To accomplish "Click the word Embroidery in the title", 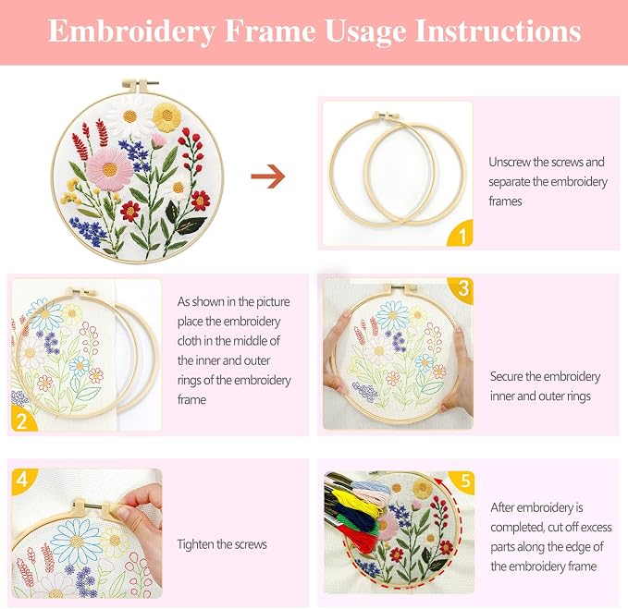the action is pyautogui.click(x=131, y=31).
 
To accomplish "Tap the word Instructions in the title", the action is pyautogui.click(x=499, y=30).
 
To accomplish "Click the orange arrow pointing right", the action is pyautogui.click(x=268, y=177).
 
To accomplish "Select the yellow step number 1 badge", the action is pyautogui.click(x=461, y=233).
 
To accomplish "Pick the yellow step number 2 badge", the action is pyautogui.click(x=23, y=419).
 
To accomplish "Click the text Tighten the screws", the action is pyautogui.click(x=222, y=544).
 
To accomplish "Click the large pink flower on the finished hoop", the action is pyautogui.click(x=109, y=169).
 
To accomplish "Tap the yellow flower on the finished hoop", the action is pyautogui.click(x=166, y=116).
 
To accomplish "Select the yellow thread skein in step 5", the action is pyautogui.click(x=358, y=499).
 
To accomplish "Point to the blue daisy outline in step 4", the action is pyautogui.click(x=76, y=542).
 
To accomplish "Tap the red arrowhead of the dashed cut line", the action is pyautogui.click(x=439, y=481).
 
